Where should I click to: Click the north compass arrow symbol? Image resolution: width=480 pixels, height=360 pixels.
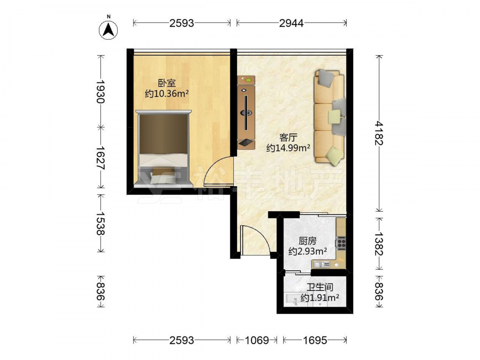point(108,30)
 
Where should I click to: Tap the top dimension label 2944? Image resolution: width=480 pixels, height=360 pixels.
point(291,23)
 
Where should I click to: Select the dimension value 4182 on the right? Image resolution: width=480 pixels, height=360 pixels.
point(379,133)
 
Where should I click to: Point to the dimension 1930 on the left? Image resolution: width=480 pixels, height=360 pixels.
point(101,91)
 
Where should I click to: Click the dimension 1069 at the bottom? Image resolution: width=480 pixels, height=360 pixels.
point(257,340)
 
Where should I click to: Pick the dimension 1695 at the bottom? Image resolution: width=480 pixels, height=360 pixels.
point(315,340)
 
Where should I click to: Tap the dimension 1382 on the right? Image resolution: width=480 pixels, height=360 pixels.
point(379,243)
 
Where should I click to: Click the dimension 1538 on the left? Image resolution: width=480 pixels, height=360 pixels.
point(101,223)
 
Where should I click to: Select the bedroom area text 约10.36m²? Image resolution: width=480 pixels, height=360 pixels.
point(167,94)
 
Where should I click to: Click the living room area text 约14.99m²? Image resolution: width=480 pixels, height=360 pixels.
point(288,148)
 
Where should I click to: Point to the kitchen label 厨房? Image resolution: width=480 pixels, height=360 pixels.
point(307,241)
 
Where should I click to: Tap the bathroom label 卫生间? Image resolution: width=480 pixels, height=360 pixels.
point(320,287)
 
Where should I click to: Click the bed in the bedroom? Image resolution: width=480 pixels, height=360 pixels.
point(164,148)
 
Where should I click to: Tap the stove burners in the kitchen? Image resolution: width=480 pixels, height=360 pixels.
point(341,243)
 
